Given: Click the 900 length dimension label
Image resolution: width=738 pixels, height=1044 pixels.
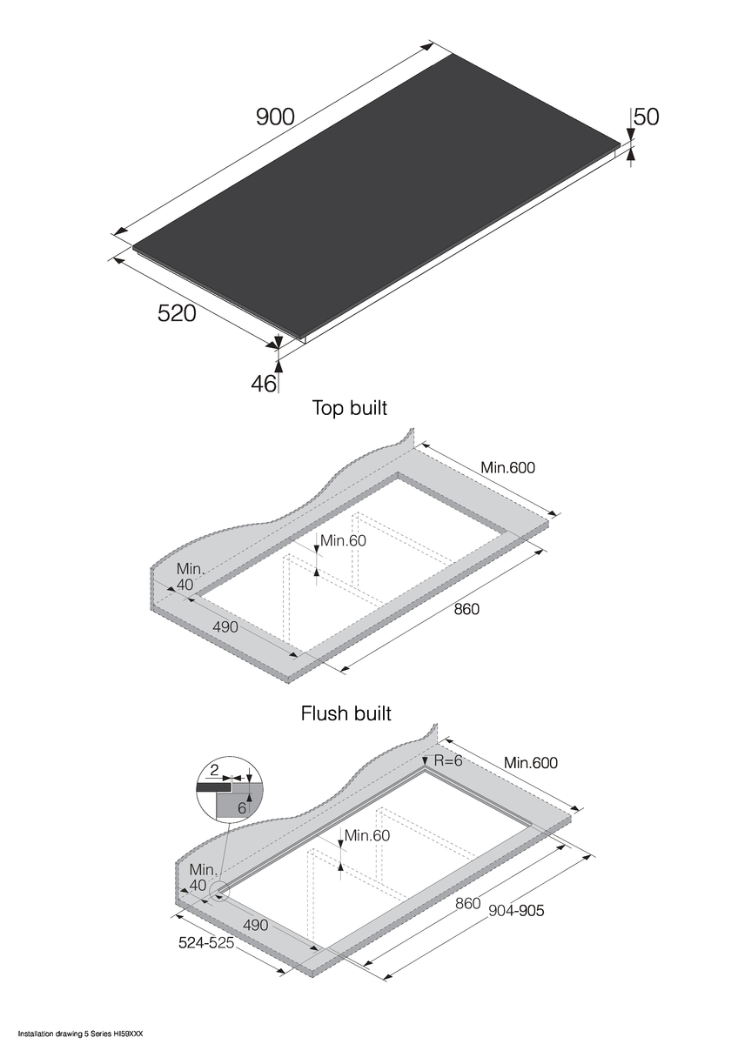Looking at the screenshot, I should point(275,117).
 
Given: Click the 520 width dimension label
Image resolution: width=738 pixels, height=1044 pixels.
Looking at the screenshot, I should point(177,313).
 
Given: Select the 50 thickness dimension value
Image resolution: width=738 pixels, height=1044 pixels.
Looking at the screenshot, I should point(646,117).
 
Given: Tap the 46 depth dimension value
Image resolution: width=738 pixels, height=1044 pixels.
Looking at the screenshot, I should point(264,383).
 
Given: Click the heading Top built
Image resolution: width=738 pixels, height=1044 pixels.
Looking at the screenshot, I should point(349,407).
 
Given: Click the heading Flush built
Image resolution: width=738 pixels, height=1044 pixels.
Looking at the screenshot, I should point(346,714).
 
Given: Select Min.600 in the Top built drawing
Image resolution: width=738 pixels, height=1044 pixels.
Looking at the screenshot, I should point(507,468).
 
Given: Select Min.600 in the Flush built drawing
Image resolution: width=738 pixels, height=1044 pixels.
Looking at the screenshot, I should point(530,764).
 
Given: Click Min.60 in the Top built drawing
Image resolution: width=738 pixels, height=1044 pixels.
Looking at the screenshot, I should point(343,540).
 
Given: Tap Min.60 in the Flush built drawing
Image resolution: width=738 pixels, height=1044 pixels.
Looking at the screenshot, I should point(366,836).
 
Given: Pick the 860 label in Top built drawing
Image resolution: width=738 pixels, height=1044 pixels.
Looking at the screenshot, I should point(466,609).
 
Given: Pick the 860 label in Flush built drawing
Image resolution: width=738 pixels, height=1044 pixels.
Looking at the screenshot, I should point(467,904).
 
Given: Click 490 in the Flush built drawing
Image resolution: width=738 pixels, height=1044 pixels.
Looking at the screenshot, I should point(255,924).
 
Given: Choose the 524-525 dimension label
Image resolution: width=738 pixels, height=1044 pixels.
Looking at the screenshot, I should point(206,942).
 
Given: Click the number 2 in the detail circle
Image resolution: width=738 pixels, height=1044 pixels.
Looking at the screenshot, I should point(214,770).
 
